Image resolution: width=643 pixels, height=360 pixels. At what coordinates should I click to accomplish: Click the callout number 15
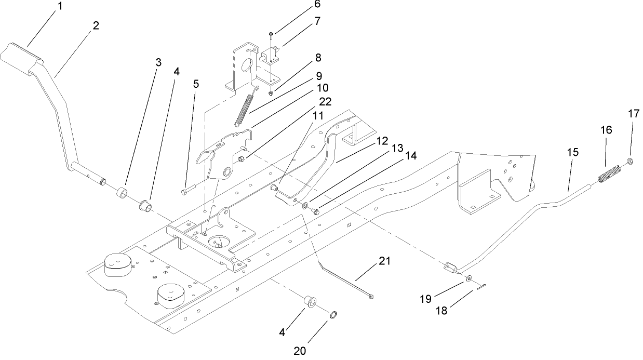tap(572, 153)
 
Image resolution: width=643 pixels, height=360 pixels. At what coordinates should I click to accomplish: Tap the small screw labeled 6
tap(271, 35)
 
